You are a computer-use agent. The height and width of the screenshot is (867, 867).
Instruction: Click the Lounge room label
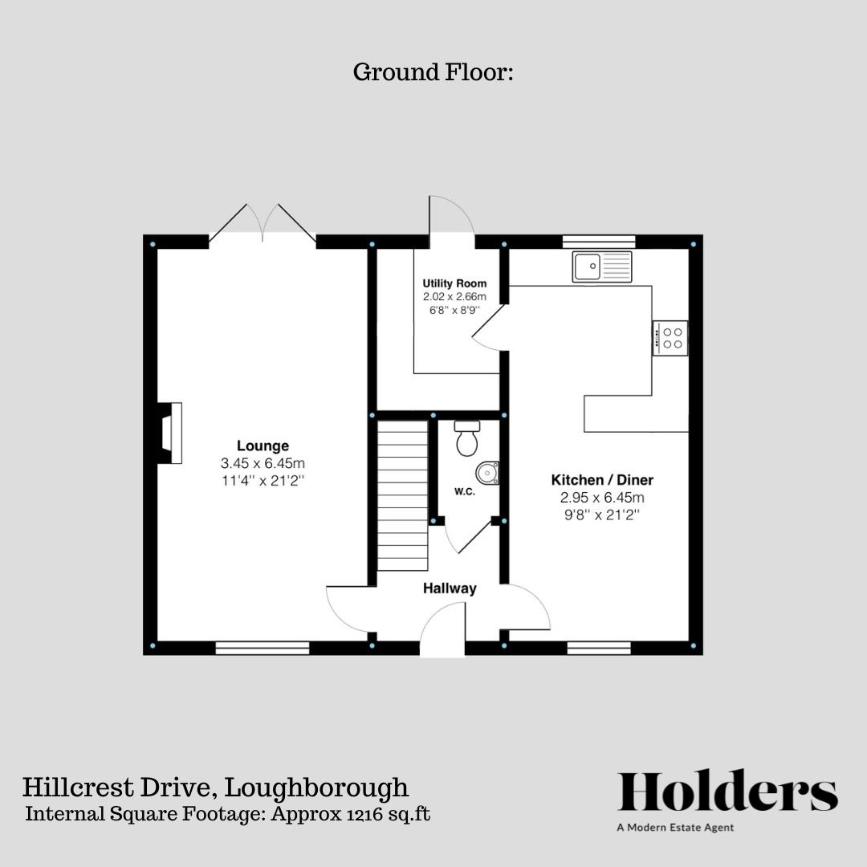[x=263, y=446]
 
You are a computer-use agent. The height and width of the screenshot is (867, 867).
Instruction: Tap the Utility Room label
[x=454, y=284]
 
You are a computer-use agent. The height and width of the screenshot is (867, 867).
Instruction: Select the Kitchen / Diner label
[x=602, y=480]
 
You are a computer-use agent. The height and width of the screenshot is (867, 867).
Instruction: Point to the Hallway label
[x=450, y=588]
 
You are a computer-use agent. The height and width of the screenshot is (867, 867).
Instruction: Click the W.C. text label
[x=465, y=492]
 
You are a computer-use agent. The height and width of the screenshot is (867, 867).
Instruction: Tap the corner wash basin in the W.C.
[x=488, y=473]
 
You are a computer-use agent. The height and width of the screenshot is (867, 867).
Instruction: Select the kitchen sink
[x=602, y=267]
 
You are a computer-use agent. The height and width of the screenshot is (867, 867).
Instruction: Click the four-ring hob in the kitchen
[x=670, y=338]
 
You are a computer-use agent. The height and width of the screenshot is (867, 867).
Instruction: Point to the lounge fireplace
[x=169, y=433]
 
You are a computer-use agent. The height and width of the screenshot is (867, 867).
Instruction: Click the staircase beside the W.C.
[x=402, y=495]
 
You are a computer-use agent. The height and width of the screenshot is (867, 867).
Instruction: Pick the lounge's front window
[x=263, y=648]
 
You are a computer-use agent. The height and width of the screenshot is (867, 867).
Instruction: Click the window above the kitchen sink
[x=599, y=241]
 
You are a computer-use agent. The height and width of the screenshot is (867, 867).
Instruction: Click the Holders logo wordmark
[x=727, y=792]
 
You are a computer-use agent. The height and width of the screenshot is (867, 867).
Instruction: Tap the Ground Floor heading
[x=433, y=72]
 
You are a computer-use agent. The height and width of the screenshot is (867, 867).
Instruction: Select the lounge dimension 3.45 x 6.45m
[x=263, y=464]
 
